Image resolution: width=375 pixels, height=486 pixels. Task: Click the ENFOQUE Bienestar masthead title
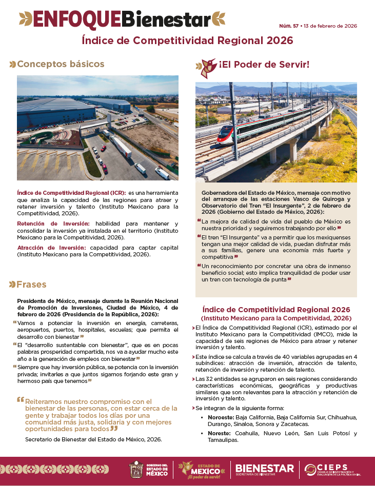coord(122,19)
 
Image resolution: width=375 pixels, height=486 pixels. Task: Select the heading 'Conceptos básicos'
coord(61,64)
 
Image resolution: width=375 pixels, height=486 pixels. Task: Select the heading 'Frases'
coord(32,284)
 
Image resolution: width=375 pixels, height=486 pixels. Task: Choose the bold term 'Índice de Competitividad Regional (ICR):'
coord(71,192)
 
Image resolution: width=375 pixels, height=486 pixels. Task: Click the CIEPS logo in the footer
coord(337,469)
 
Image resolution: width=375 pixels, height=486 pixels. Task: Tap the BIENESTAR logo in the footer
coord(265,469)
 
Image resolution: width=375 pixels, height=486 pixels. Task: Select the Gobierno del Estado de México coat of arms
coord(136,469)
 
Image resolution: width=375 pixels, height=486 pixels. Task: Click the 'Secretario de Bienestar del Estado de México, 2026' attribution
coord(93,439)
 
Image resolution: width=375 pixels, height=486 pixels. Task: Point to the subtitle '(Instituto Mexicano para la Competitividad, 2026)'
coord(276,318)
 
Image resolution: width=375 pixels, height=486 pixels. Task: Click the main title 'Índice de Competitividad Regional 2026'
coord(187,40)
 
